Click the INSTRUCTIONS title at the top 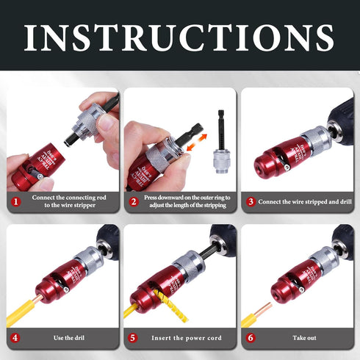coord(180,37)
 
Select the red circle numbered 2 coord(134,201)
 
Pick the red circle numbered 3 coord(251,201)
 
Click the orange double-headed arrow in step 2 coord(194,149)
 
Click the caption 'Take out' coord(303,338)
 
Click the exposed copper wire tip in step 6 coord(264,303)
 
